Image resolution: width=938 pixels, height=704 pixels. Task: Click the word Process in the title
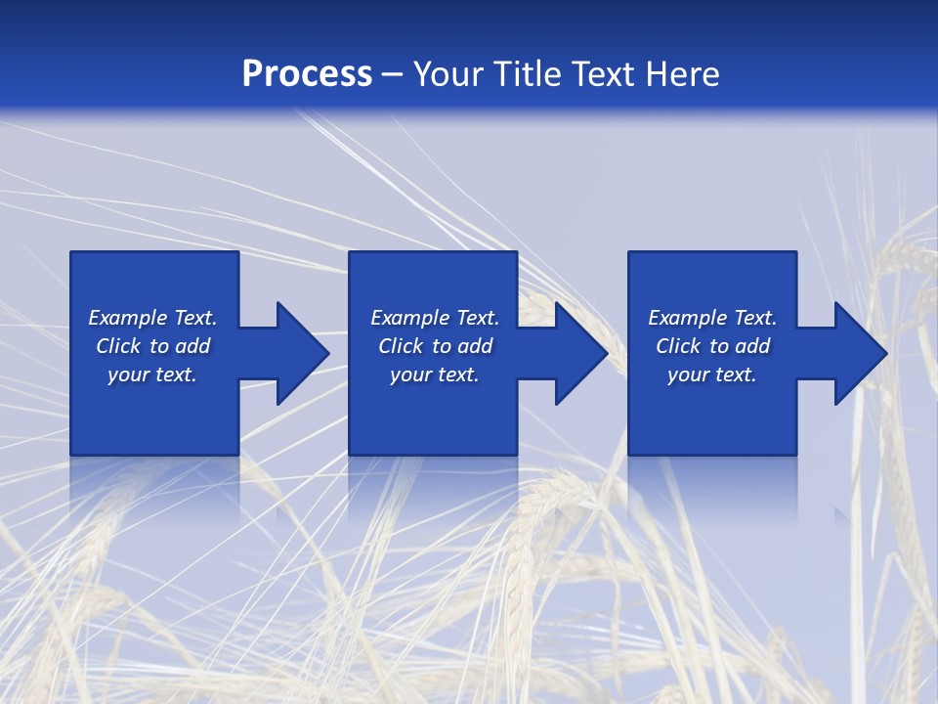307,74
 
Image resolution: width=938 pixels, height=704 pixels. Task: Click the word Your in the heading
449,74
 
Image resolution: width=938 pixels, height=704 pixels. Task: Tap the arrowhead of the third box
859,353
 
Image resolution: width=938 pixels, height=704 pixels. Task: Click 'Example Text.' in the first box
152,318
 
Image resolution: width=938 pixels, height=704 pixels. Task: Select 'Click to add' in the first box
152,346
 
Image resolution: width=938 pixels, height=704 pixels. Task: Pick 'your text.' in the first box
152,374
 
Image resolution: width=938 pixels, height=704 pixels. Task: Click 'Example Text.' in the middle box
435,318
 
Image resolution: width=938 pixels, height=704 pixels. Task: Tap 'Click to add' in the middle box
435,346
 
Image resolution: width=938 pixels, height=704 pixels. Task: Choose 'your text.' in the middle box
435,374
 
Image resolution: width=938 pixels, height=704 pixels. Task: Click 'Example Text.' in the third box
712,318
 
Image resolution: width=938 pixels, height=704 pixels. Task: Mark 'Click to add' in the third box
712,346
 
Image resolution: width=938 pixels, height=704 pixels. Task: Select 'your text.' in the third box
712,374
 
